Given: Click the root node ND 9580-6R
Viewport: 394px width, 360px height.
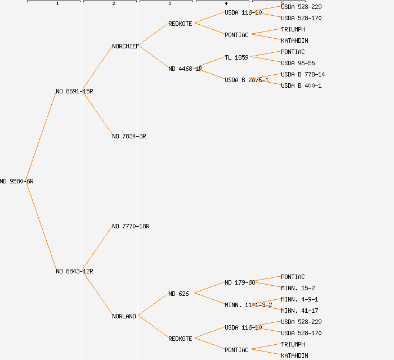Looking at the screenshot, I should pos(17,181).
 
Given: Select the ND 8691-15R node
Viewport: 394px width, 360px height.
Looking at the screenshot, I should pos(74,91).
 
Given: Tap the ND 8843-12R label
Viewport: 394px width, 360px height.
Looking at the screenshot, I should pos(74,271).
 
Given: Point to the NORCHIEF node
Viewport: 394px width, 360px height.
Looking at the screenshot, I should pos(126,46).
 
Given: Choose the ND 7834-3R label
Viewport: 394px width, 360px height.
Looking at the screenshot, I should pos(129,136).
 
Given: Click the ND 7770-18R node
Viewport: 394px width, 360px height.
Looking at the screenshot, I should pos(131,226).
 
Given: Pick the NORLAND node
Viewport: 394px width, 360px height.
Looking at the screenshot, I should pos(124,316).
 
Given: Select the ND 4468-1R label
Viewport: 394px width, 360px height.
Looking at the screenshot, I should pos(185,69).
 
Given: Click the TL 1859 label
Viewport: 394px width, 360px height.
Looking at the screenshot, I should pos(236,57).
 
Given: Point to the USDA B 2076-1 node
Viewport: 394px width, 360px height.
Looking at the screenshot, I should pos(247,80).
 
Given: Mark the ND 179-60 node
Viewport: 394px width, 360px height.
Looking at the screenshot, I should pos(240,282).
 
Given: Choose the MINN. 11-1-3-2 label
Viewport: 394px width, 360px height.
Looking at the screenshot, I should pos(248,305).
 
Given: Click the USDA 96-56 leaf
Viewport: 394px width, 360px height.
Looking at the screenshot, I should pos(298,63).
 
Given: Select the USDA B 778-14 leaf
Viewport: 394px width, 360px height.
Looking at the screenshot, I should pos(303,74).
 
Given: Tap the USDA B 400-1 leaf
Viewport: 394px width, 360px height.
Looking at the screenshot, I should pos(301,85).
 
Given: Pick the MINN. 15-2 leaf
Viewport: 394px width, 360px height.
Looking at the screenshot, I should pos(298,288).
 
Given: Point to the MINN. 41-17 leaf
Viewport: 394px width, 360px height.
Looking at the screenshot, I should pos(299,310).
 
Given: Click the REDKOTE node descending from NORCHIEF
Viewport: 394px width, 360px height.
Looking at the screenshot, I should pos(180,24).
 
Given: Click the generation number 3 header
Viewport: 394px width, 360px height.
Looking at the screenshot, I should pos(169,4).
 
